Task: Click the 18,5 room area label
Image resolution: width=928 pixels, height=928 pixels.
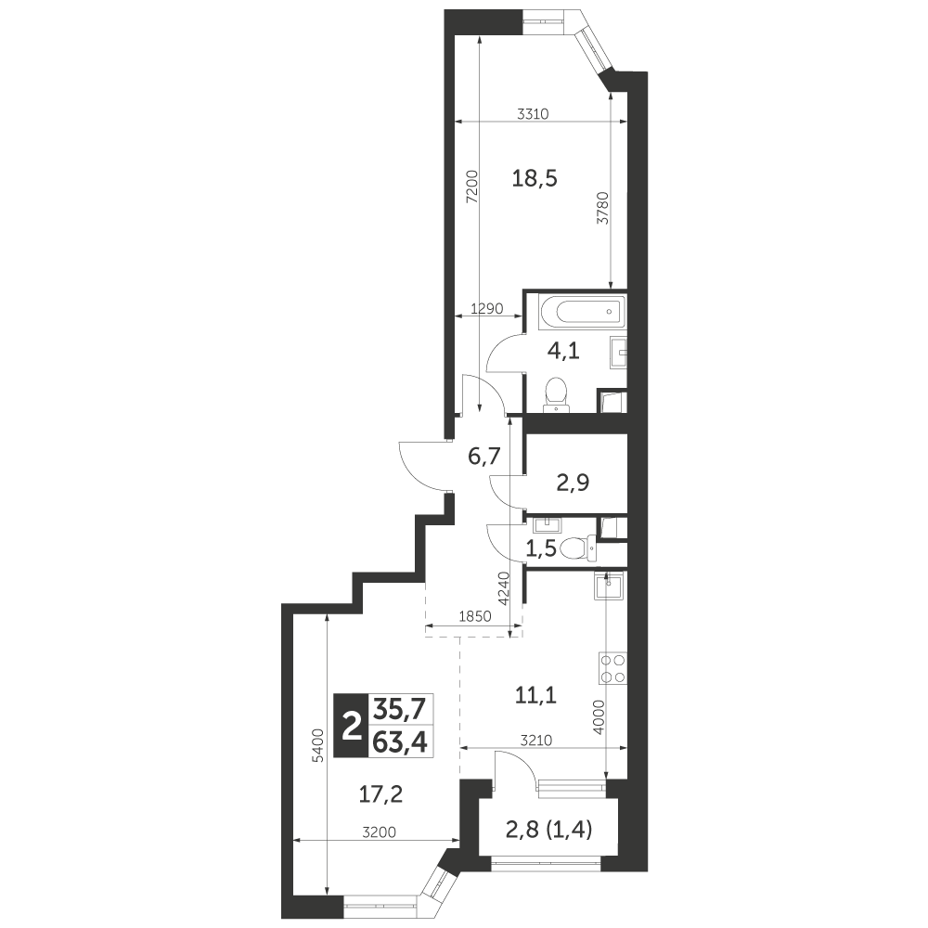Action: (x=535, y=178)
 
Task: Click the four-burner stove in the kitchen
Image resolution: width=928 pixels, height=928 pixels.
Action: (x=612, y=669)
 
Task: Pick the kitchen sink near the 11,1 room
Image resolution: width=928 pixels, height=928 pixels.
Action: (x=609, y=586)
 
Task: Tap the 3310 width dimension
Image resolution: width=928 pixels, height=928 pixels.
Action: (x=534, y=114)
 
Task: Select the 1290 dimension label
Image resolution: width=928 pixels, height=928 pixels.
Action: (x=486, y=308)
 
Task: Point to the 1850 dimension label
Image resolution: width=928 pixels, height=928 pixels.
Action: (x=475, y=617)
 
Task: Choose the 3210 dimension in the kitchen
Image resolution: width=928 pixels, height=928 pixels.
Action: (x=536, y=740)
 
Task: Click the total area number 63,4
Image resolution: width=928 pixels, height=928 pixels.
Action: (x=399, y=741)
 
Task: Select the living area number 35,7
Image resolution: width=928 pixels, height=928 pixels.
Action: (x=399, y=708)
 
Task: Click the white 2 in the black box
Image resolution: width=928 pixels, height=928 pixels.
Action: (x=352, y=726)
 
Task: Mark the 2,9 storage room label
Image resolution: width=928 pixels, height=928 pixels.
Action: (x=573, y=483)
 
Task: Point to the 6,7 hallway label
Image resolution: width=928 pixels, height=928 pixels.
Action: (x=484, y=457)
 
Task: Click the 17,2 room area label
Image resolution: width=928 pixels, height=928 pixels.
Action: (x=381, y=793)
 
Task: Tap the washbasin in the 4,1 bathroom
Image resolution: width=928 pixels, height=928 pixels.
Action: (x=617, y=354)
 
